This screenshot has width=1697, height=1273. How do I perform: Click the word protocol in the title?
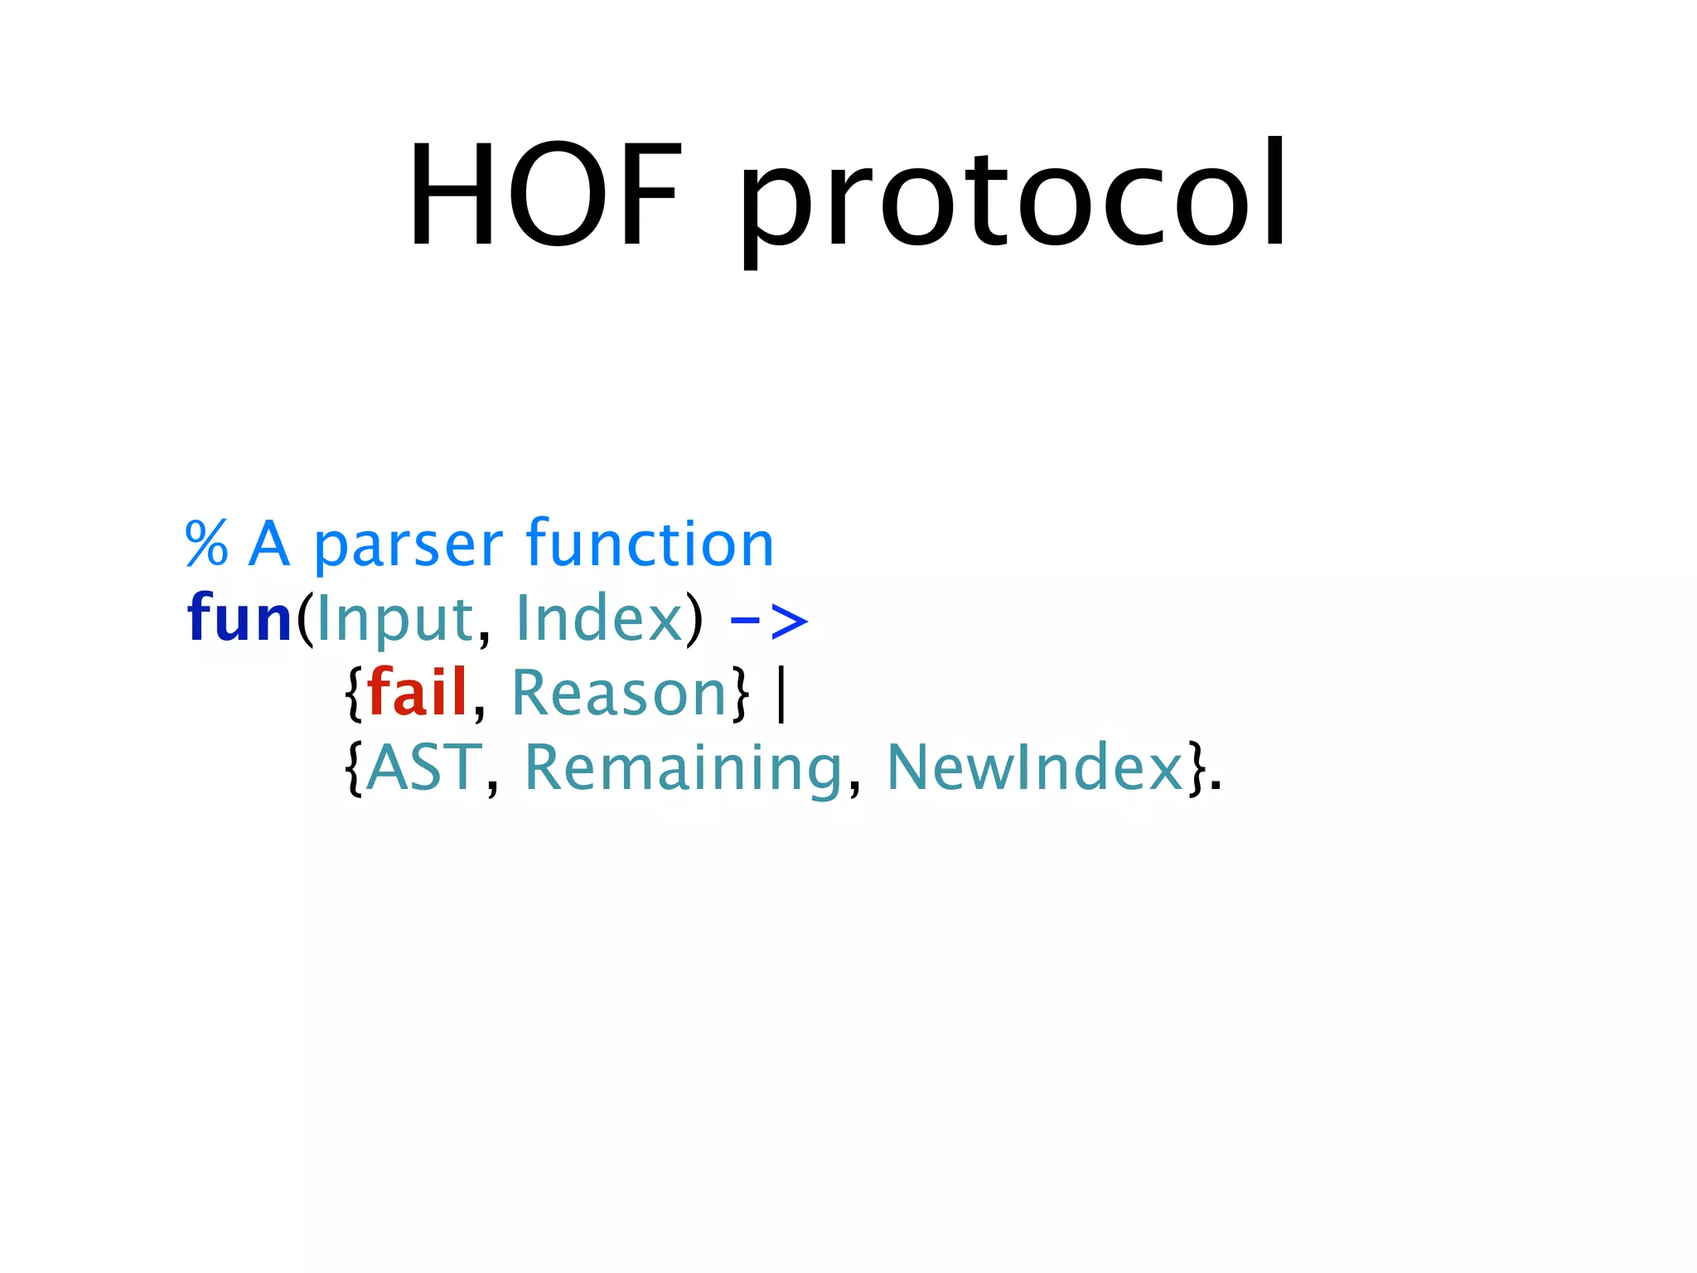tap(1013, 199)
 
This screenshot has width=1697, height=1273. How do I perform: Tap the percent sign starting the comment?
tap(206, 545)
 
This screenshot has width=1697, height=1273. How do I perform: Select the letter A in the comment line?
tap(269, 545)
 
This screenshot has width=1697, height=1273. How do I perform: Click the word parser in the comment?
tap(408, 547)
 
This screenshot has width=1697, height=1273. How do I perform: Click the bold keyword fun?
tap(239, 617)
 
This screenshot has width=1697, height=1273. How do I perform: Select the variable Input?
tap(394, 620)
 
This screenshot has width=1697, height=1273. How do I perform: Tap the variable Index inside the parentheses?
tap(599, 617)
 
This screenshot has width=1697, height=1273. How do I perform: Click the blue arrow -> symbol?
tap(768, 621)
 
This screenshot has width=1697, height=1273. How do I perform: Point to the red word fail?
tap(417, 692)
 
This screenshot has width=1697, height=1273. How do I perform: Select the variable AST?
tap(423, 767)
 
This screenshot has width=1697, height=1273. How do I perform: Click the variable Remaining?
tap(684, 769)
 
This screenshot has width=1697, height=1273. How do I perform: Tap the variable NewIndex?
tap(1035, 767)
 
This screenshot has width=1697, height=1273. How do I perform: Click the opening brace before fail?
tap(354, 695)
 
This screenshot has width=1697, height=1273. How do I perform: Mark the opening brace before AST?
tap(354, 769)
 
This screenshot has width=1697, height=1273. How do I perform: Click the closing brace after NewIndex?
tap(1196, 769)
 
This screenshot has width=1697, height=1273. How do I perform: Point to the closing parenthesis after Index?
tap(694, 619)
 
